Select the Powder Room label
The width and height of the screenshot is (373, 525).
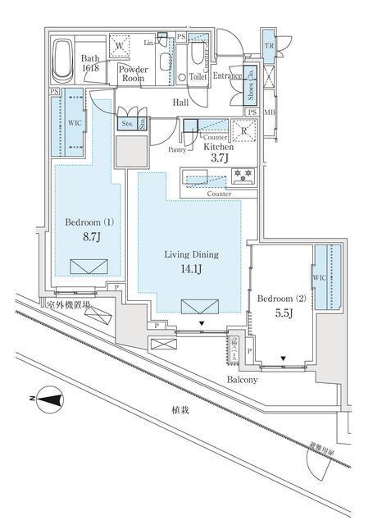click(133, 75)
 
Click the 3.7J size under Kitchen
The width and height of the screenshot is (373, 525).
click(219, 158)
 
